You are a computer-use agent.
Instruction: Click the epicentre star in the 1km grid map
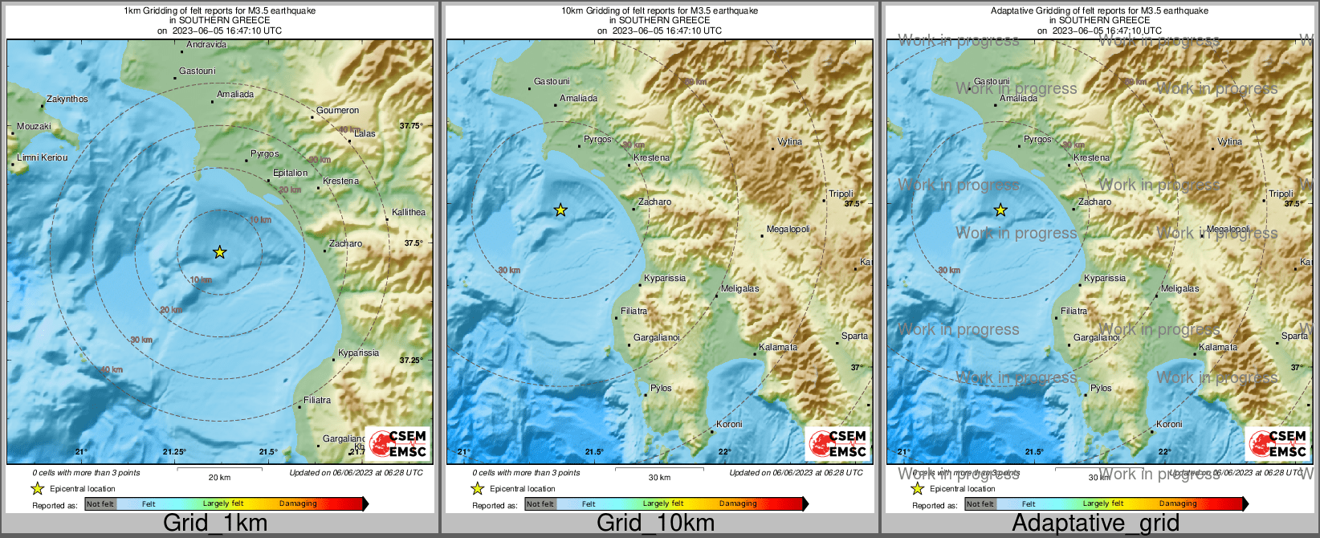click(x=219, y=252)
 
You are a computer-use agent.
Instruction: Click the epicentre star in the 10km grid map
click(x=560, y=210)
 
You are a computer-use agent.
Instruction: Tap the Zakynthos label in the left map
click(x=67, y=99)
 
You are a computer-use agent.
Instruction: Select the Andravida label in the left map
click(x=206, y=45)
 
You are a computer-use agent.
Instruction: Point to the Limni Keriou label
click(x=43, y=157)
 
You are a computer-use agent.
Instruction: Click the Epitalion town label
click(x=290, y=173)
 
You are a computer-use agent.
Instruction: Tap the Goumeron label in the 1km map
click(x=337, y=110)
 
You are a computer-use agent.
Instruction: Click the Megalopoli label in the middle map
click(x=788, y=230)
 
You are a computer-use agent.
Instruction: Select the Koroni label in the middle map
click(x=729, y=424)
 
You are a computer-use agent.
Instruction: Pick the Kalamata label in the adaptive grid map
click(x=1218, y=348)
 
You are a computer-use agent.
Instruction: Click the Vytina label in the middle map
click(x=789, y=141)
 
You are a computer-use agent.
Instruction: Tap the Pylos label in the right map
click(x=1101, y=388)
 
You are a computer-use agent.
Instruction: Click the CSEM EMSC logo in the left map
click(x=398, y=443)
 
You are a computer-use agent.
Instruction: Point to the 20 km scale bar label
click(x=219, y=478)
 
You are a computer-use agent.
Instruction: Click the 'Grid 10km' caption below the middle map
click(x=655, y=523)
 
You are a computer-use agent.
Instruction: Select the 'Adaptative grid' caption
click(x=1095, y=523)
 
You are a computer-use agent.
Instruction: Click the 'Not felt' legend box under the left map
click(x=100, y=504)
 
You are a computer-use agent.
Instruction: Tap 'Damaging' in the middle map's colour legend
click(x=738, y=504)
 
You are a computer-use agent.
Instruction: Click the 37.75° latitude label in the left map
click(x=411, y=126)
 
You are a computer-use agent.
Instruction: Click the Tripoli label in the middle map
click(x=841, y=194)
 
